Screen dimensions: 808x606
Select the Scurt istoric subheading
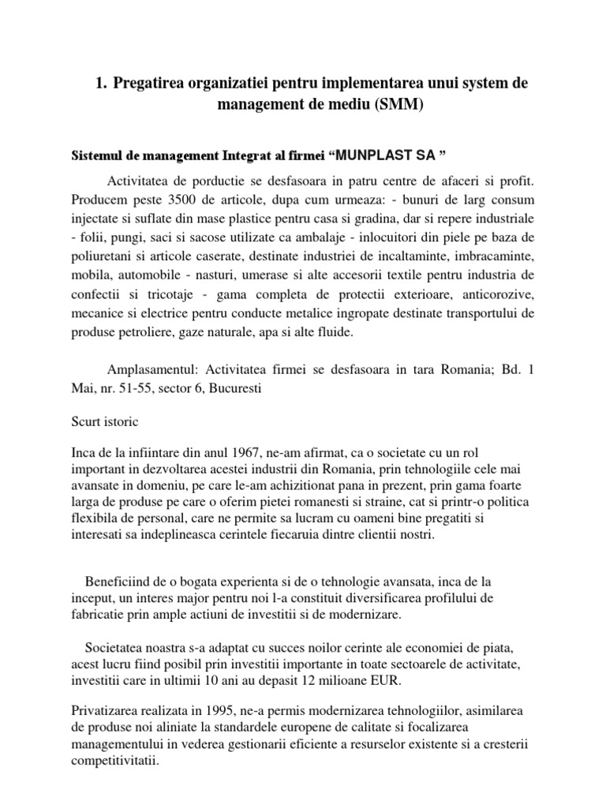(x=104, y=421)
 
